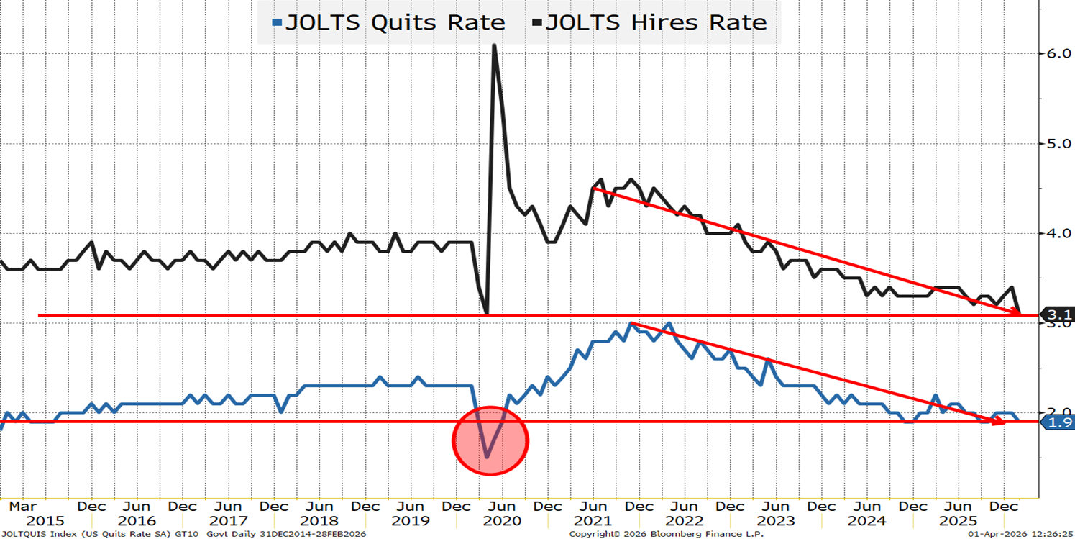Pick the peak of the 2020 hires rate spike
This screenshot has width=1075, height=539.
click(494, 46)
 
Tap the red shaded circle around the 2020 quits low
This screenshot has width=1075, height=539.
click(490, 440)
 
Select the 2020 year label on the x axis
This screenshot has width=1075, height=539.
click(502, 520)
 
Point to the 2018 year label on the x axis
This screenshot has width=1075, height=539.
click(319, 520)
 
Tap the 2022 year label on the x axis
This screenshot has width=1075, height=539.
click(683, 520)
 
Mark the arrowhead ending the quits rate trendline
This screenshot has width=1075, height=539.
click(998, 422)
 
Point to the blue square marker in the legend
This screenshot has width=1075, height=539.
click(276, 23)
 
